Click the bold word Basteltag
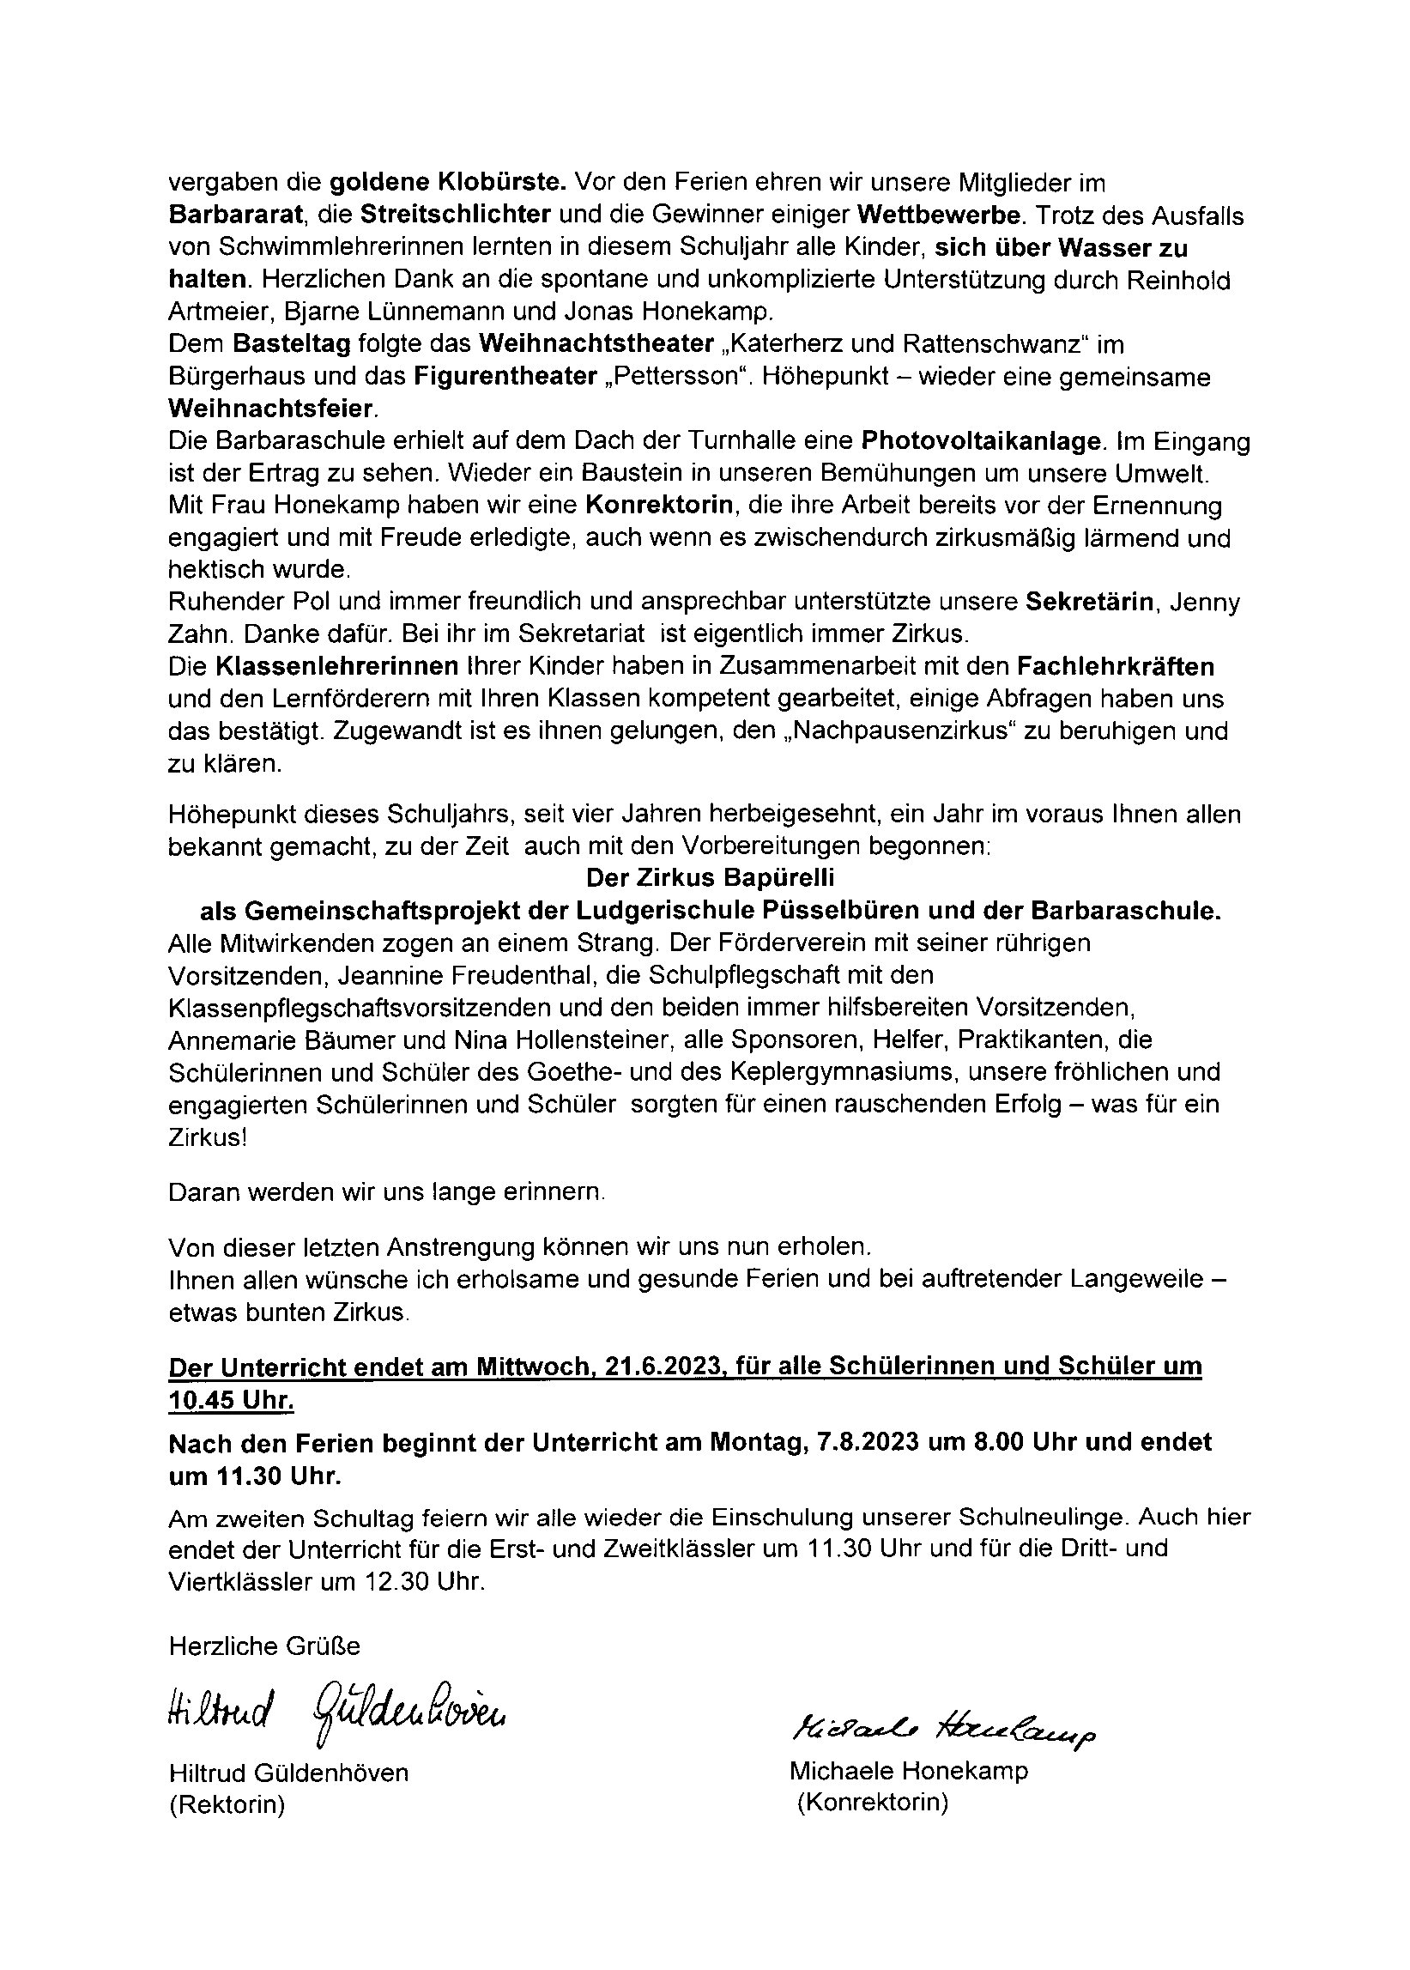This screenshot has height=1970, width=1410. coord(291,345)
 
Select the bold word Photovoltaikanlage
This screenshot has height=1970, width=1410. coord(981,442)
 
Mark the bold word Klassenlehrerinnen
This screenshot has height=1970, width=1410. coord(337,667)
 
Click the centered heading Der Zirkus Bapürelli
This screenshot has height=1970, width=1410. coord(711,878)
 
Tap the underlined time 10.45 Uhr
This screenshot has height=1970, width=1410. coord(231,1401)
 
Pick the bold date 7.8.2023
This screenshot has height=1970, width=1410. coord(869,1442)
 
